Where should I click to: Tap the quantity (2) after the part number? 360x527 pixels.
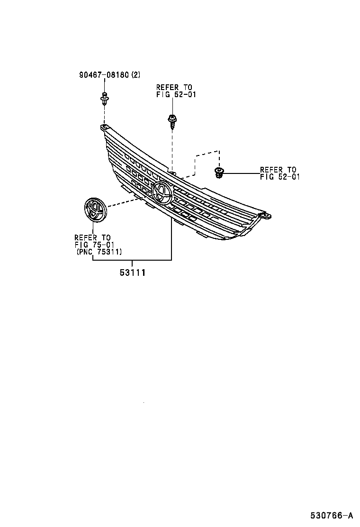click(135, 75)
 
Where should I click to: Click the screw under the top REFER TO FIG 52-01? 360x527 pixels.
click(172, 121)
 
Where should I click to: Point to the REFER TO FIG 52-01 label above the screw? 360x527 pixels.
click(175, 91)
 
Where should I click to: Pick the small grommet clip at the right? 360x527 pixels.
click(219, 173)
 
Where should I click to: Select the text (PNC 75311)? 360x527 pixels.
click(99, 252)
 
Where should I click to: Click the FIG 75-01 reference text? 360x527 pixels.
click(93, 245)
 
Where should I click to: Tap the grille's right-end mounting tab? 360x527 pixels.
click(266, 216)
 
